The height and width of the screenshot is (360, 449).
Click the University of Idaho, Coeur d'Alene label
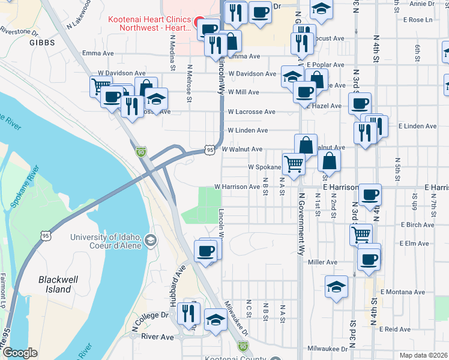(106, 241)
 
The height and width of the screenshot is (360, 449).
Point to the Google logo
(20, 353)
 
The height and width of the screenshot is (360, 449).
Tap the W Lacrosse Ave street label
(251, 112)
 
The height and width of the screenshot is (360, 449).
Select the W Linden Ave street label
(247, 130)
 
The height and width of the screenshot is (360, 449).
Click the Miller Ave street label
(322, 262)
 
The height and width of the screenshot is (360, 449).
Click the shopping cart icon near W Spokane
(293, 163)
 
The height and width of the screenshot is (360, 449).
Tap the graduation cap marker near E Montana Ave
(336, 286)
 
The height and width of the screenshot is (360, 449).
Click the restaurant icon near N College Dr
(189, 313)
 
